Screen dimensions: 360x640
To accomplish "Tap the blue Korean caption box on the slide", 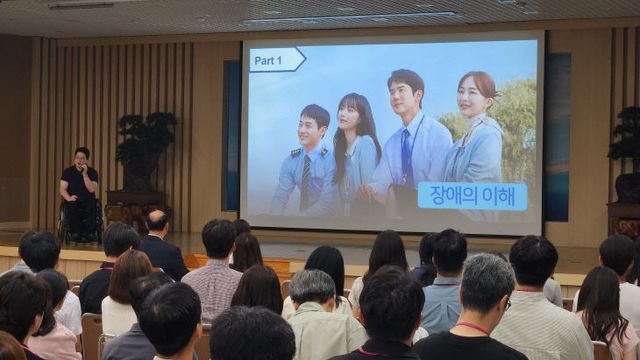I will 472,196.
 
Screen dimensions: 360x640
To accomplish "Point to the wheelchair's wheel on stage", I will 67,226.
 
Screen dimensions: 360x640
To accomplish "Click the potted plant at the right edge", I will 626,150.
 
